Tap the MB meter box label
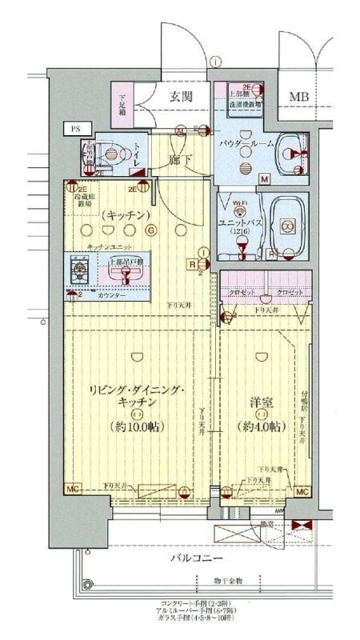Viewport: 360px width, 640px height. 299,97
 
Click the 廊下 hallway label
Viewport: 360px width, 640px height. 180,159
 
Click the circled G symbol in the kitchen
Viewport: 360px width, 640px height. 150,231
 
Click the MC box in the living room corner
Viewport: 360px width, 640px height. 72,489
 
